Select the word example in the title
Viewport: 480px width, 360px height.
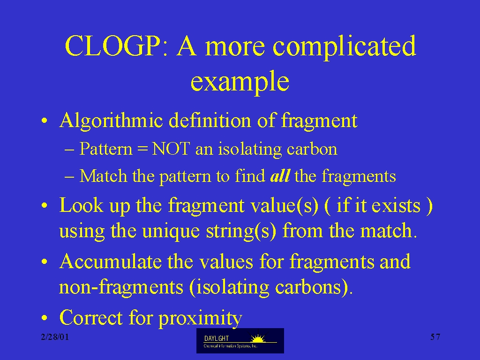tap(240, 82)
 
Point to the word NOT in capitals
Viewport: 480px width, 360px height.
tap(171, 149)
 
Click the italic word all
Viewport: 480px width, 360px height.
tap(280, 176)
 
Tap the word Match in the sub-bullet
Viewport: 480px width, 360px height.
tap(103, 176)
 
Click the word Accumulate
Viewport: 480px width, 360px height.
tap(111, 262)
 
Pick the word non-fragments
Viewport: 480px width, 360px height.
tap(121, 287)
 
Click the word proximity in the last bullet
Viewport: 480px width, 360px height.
tap(200, 319)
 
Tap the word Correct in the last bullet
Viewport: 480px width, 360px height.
tap(91, 317)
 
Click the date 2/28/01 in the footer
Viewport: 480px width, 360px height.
tap(55, 337)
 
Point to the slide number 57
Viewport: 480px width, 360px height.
tap(435, 337)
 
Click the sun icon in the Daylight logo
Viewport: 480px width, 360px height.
tap(258, 338)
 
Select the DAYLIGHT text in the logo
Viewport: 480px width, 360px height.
tap(217, 338)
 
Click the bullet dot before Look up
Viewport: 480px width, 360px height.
tap(45, 206)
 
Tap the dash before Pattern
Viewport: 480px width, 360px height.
tap(69, 150)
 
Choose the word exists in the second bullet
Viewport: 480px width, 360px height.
tap(396, 206)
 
